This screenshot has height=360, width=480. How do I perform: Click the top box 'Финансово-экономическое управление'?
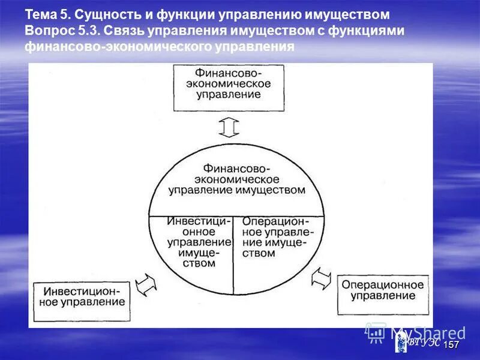(229, 88)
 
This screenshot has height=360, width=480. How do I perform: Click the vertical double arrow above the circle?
(229, 127)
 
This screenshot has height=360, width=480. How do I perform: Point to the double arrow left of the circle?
(146, 285)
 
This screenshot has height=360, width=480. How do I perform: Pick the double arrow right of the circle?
(322, 278)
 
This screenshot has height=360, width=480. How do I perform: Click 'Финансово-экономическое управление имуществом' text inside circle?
(236, 179)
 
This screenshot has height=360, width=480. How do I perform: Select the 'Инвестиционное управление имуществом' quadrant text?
(199, 242)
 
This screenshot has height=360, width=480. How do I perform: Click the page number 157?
(451, 345)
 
